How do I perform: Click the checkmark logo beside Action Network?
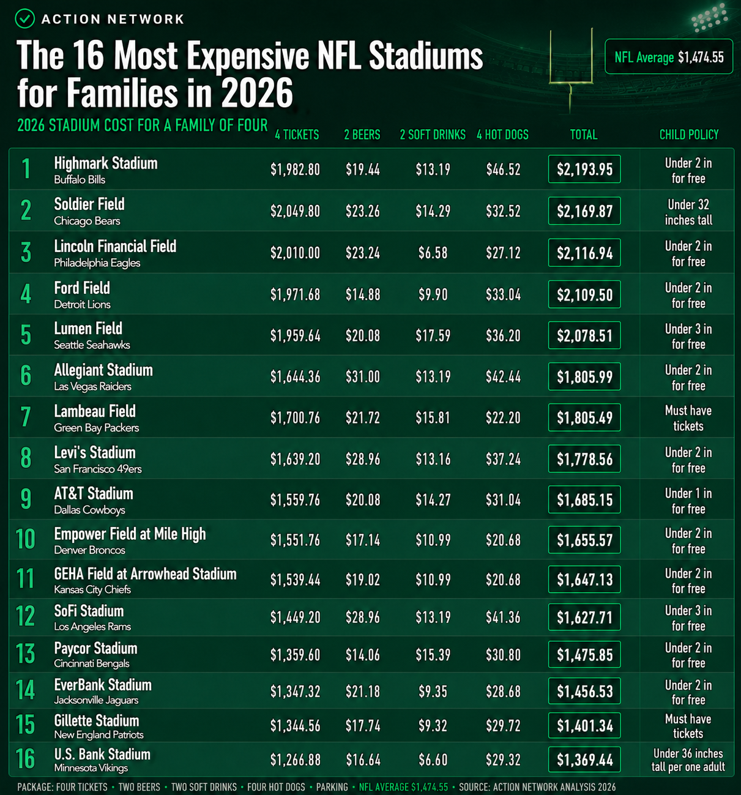25,18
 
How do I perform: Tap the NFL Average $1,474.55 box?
669,56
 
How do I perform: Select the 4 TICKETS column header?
297,135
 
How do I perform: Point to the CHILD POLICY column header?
689,135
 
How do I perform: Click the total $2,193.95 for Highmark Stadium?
584,169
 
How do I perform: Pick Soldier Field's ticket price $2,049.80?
295,211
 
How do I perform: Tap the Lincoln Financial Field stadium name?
115,246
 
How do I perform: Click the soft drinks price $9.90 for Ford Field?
433,294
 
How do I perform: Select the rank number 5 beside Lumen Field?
26,335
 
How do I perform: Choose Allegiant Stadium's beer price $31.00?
363,376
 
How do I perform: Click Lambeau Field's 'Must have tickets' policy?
688,418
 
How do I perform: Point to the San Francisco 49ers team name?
98,469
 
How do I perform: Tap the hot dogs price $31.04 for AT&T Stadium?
503,499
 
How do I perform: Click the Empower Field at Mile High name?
130,534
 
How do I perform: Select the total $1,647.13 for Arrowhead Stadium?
584,579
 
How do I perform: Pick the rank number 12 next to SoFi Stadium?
25,616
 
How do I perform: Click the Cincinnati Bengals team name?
92,663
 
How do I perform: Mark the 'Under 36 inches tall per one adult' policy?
688,760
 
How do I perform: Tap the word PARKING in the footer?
332,787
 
